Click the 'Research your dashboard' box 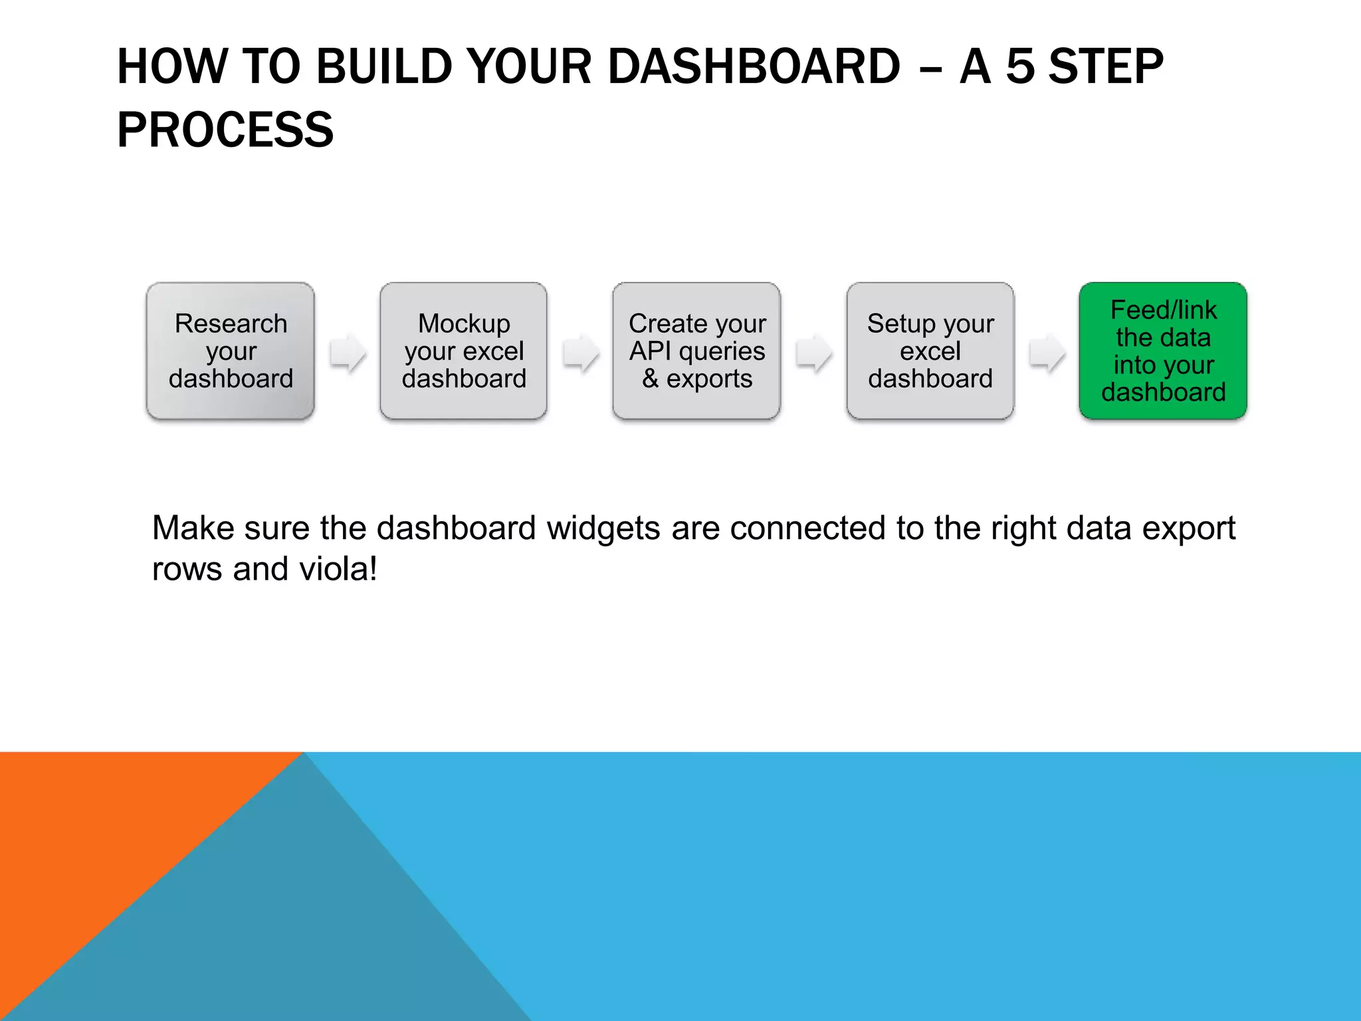pyautogui.click(x=230, y=351)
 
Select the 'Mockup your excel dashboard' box pyautogui.click(x=463, y=351)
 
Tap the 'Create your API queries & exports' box pyautogui.click(x=696, y=351)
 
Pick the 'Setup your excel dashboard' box pyautogui.click(x=930, y=351)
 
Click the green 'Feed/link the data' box pyautogui.click(x=1163, y=351)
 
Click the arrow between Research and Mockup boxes pyautogui.click(x=348, y=352)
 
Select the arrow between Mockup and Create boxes pyautogui.click(x=581, y=352)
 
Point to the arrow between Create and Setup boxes pyautogui.click(x=814, y=352)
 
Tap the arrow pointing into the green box pyautogui.click(x=1047, y=352)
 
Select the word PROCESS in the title pyautogui.click(x=225, y=130)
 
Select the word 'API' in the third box pyautogui.click(x=650, y=351)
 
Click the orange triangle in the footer pyautogui.click(x=100, y=831)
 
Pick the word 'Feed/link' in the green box pyautogui.click(x=1163, y=310)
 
